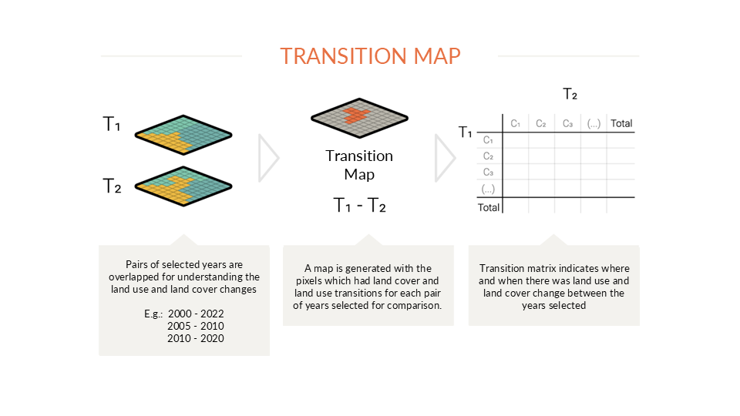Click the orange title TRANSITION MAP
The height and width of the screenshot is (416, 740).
click(x=370, y=56)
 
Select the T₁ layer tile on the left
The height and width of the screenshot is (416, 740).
click(x=183, y=135)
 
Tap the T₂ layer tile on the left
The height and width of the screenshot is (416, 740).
click(x=183, y=186)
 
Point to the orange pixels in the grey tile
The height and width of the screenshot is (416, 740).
click(x=356, y=115)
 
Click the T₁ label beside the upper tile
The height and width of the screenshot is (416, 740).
click(x=112, y=124)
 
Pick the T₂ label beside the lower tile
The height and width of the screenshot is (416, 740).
click(x=112, y=186)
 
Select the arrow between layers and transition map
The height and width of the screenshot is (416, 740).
click(x=269, y=158)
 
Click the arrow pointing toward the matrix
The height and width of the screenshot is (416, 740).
click(x=445, y=158)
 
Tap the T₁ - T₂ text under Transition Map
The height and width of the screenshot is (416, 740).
click(x=360, y=205)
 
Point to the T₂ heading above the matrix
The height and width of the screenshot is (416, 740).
click(x=570, y=94)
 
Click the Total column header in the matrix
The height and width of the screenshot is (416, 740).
click(x=621, y=123)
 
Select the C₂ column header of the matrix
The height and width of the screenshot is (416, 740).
click(x=541, y=123)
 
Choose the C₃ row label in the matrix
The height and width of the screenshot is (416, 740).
click(x=488, y=172)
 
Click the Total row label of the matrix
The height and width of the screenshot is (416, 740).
click(x=489, y=207)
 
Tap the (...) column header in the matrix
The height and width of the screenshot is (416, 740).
click(x=594, y=123)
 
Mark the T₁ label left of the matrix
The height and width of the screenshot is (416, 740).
click(x=466, y=132)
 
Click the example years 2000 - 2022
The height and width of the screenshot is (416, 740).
click(x=196, y=314)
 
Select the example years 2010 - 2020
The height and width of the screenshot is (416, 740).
click(x=196, y=338)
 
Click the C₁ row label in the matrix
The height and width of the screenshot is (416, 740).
click(x=488, y=140)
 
